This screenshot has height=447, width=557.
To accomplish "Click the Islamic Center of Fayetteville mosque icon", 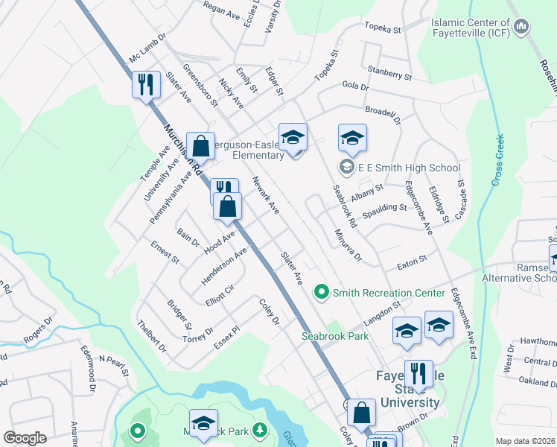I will [521, 27].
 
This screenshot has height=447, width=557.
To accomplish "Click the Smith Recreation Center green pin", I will [322, 291].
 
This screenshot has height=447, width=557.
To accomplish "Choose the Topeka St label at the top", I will [383, 28].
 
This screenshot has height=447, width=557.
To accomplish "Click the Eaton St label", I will [411, 260].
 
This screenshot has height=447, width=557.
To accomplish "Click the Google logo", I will [25, 438].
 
